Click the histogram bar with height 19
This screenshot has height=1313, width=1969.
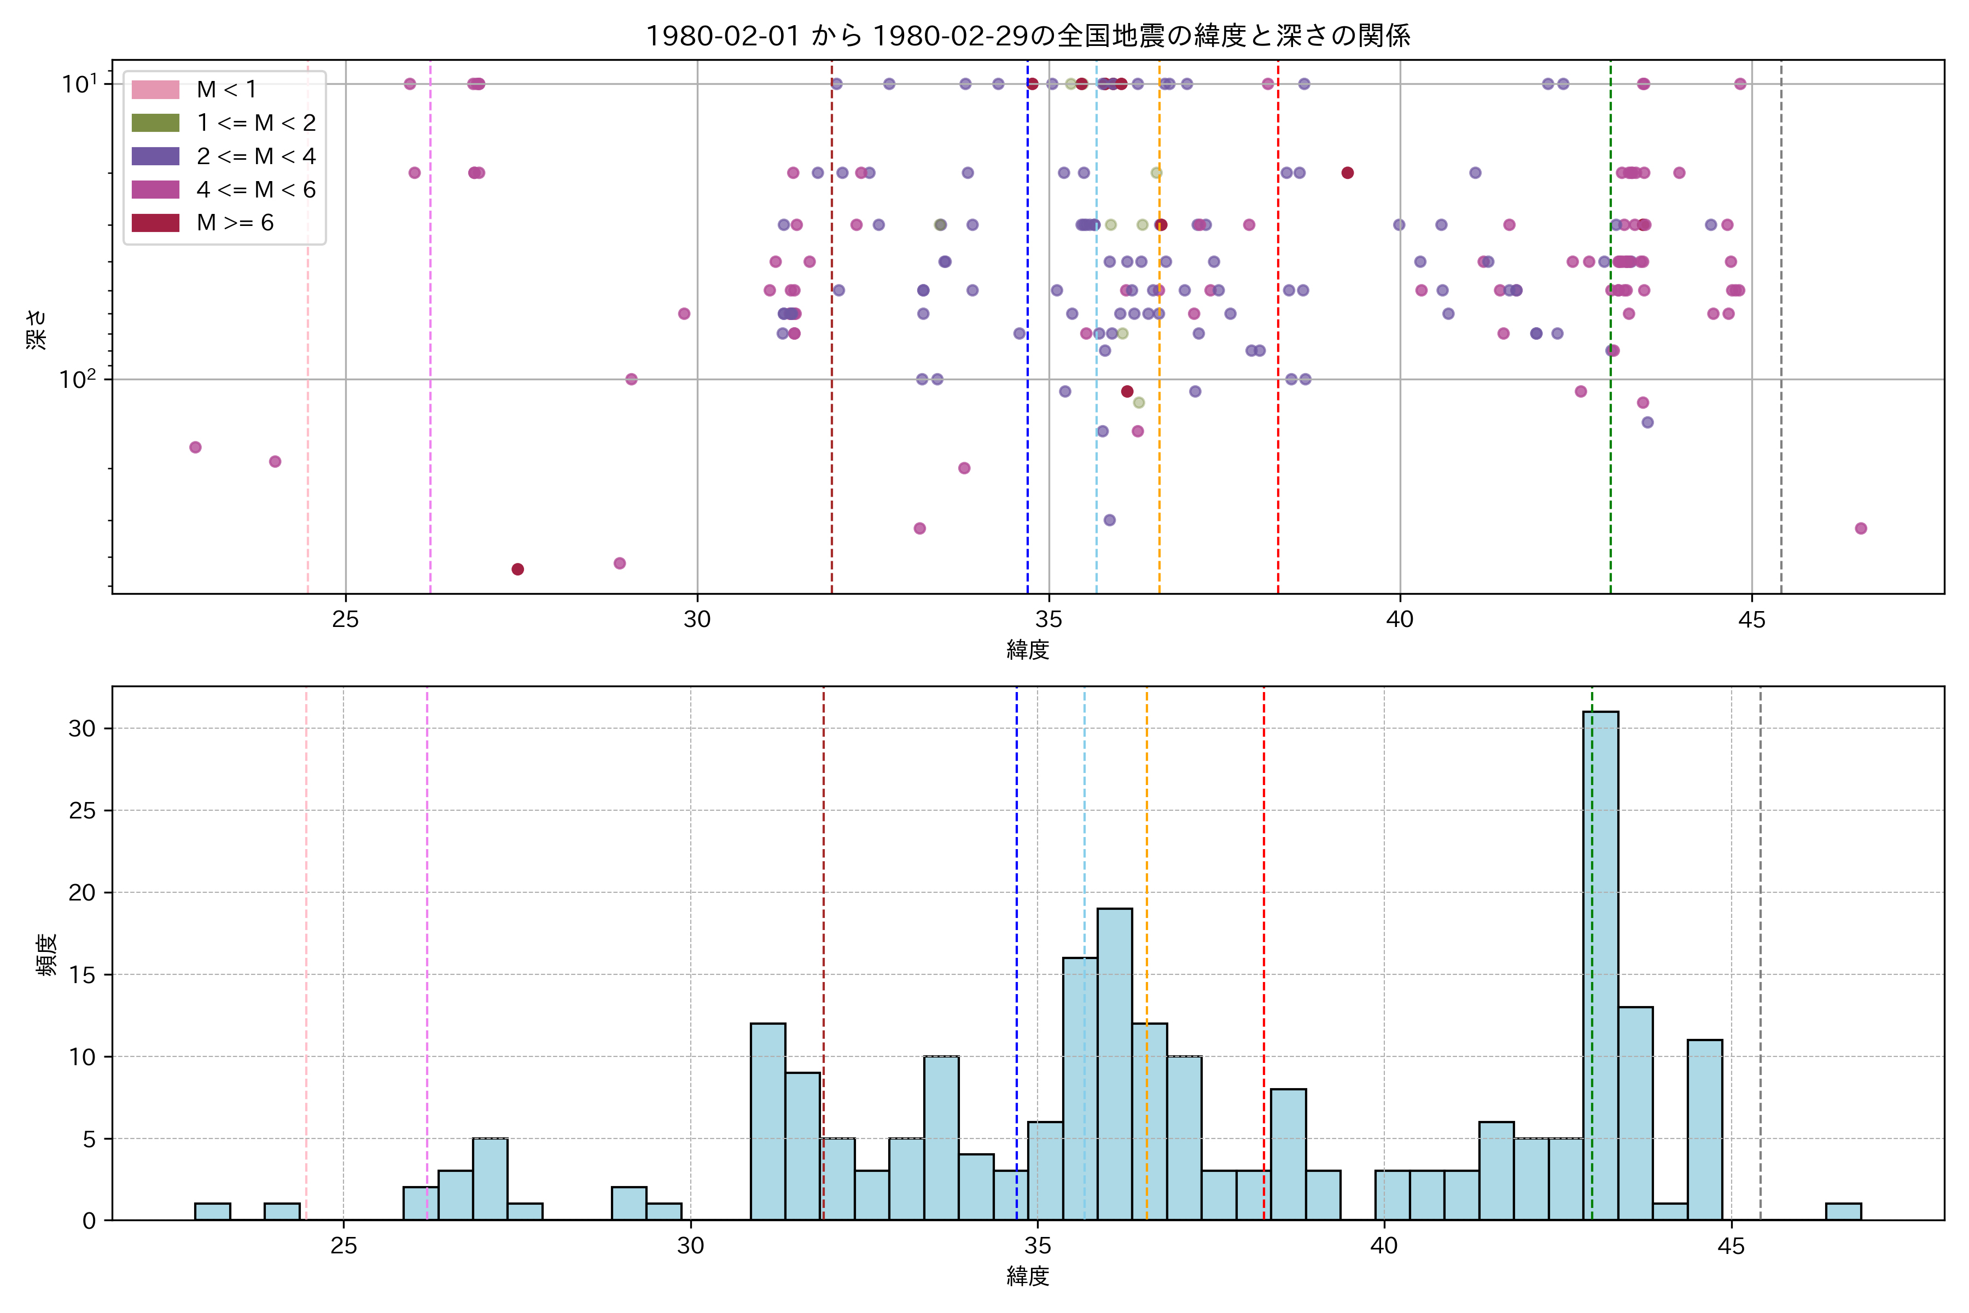point(1114,1064)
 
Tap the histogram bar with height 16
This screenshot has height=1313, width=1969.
point(1080,1089)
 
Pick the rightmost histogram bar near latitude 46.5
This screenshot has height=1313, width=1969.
point(1843,1212)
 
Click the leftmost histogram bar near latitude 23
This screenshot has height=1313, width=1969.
point(213,1212)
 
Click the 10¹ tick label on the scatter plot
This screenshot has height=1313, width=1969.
point(79,84)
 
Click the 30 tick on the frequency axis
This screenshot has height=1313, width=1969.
point(82,729)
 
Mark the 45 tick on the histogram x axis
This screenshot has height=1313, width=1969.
point(1731,1246)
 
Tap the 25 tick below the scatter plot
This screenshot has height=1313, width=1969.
point(346,620)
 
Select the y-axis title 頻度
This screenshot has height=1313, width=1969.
point(47,955)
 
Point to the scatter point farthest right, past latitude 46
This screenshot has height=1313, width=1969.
point(1860,528)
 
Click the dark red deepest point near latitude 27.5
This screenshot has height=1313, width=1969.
point(517,570)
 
